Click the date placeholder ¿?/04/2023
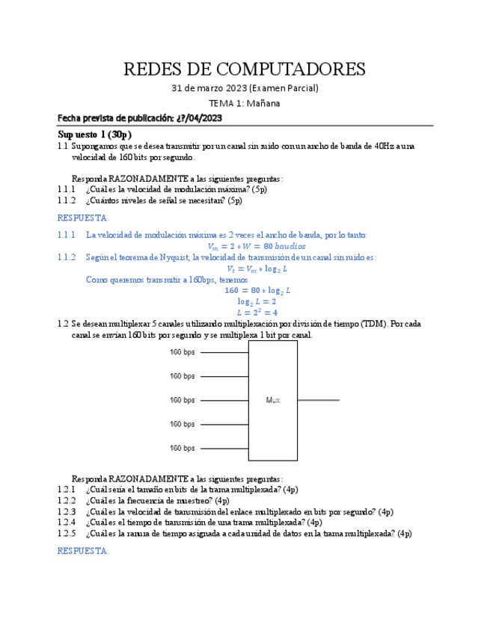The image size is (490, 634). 200,118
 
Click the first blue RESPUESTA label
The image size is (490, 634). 83,218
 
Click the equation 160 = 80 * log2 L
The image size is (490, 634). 257,290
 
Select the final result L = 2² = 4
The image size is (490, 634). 257,313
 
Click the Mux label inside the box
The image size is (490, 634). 272,400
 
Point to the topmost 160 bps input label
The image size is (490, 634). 182,352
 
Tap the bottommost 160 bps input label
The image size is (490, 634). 182,448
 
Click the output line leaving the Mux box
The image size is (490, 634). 318,400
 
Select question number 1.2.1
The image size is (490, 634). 67,489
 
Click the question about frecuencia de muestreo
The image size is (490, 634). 157,500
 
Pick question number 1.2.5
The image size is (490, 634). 67,534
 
